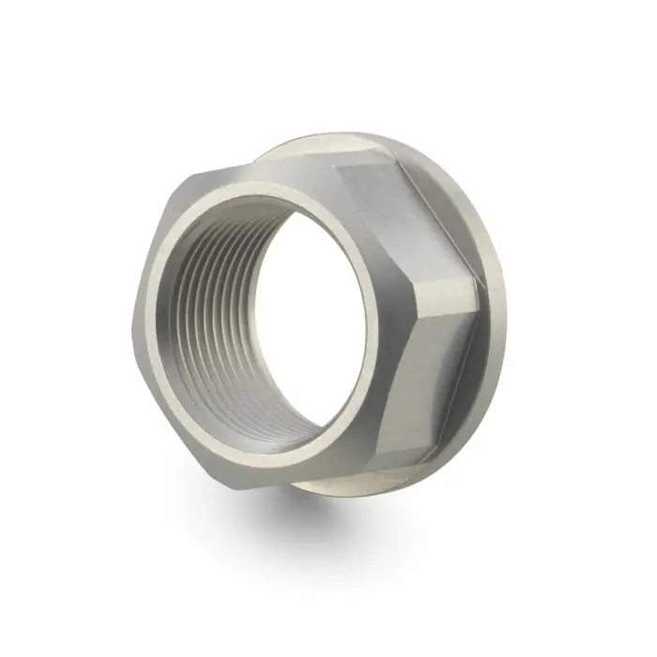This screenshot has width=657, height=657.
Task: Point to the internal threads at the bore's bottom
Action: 253,413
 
